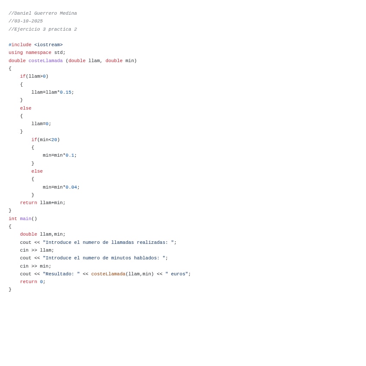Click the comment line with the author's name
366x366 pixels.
point(43,13)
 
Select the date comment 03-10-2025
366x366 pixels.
point(26,21)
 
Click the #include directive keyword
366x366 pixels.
point(20,45)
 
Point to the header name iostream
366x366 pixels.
point(48,45)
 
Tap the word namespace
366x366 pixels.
point(38,53)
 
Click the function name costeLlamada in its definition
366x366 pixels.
point(45,61)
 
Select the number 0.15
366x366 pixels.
point(66,92)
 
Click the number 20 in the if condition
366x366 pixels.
point(54,140)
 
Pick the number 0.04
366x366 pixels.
point(71,187)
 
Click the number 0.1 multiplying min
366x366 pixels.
point(70,155)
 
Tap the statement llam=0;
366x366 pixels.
point(41,124)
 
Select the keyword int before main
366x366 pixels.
point(13,219)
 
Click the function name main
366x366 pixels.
point(25,219)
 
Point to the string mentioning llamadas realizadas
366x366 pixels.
point(108,243)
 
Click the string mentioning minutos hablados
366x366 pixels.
point(104,258)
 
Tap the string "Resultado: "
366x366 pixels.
point(61,274)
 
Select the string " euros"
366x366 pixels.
point(177,274)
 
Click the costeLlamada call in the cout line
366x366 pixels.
point(108,274)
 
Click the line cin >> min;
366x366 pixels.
point(35,266)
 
